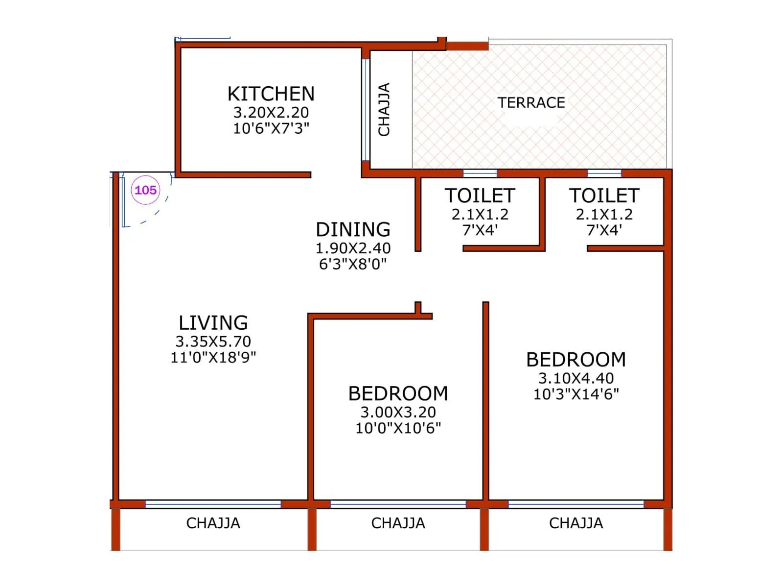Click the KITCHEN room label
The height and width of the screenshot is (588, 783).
point(271,94)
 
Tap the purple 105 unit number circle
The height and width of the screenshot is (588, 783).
point(145,190)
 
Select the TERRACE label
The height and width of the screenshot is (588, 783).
point(531,103)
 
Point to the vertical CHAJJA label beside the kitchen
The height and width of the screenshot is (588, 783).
point(384,109)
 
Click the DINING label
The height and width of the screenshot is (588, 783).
point(353,229)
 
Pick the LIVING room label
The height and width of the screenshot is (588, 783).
point(213,323)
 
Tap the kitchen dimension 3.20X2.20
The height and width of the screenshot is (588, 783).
point(271,112)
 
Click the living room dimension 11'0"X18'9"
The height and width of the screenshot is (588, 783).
point(213,357)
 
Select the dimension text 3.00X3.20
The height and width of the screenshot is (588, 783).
point(398,412)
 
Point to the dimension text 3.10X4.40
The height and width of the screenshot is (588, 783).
point(576,378)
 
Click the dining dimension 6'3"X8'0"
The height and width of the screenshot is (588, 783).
point(353,264)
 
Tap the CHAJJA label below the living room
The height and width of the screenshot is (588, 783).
point(213,523)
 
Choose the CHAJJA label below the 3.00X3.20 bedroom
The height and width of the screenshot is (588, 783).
point(398,523)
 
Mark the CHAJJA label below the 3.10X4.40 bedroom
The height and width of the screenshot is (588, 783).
point(576,523)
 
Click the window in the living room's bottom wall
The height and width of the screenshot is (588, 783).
point(213,504)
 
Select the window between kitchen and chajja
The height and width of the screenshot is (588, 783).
point(365,110)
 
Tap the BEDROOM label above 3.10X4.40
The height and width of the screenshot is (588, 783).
point(576,360)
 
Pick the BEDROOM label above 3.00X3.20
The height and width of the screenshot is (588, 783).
point(398,393)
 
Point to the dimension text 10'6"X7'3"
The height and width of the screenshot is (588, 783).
point(271,128)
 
